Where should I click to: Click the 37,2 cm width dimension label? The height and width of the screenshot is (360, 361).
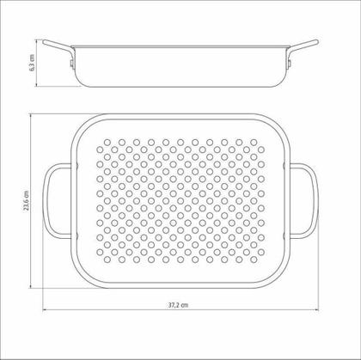point(178,305)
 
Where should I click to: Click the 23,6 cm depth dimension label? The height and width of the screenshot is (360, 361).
point(27,200)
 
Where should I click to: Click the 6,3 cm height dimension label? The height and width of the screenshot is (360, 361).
point(32,63)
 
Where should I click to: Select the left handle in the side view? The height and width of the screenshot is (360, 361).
point(58,46)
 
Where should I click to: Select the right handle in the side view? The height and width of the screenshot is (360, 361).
point(303,46)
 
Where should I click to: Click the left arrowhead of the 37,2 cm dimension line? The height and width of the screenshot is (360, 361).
point(45,309)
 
